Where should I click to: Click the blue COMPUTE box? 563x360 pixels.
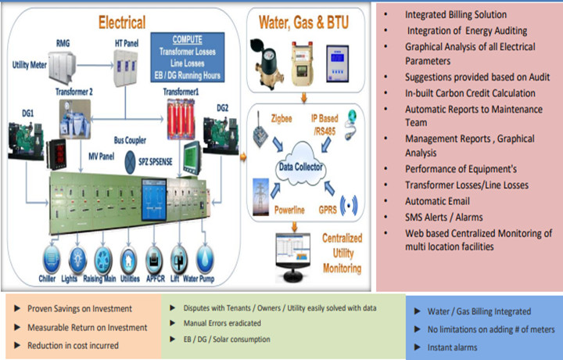[188, 57]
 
